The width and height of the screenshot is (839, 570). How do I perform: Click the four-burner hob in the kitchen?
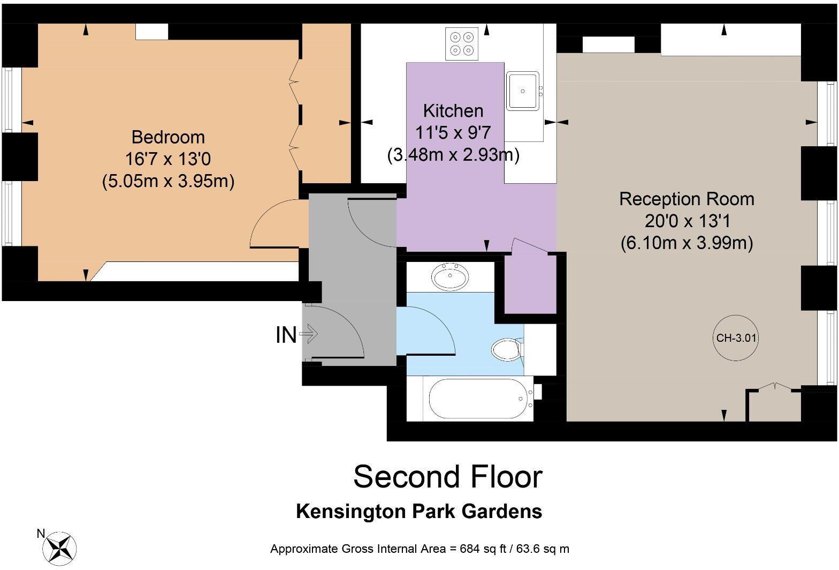pos(461,44)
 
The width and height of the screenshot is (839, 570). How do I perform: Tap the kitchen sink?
pos(522,91)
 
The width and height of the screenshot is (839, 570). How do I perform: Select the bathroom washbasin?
pos(450,277)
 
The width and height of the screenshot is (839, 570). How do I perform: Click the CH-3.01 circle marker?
pos(736,338)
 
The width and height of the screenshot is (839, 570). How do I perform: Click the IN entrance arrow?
pos(309,335)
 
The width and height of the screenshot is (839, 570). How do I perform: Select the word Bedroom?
pos(168,137)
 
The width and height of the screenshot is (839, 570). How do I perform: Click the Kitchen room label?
pos(453,111)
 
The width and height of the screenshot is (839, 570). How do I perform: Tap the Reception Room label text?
pos(687,199)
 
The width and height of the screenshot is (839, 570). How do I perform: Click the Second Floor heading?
pos(447,476)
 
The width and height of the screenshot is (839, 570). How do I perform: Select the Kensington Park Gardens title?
pos(419,511)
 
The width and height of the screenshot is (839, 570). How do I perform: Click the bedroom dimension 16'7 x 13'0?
pos(168,159)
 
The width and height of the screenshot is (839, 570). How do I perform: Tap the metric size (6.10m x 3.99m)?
pos(687,243)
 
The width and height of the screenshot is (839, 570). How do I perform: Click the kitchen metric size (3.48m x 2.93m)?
pos(453,155)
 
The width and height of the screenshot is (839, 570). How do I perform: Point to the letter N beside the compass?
pos(40,534)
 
